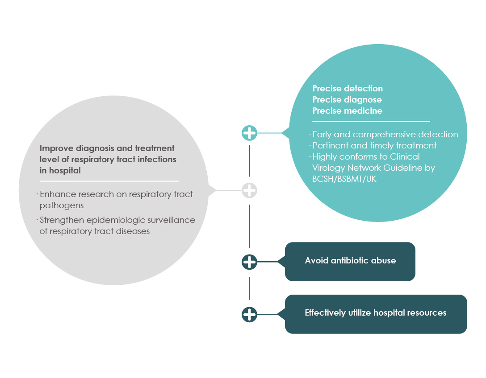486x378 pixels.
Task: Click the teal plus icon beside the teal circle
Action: point(250,133)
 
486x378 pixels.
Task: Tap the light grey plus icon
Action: point(250,190)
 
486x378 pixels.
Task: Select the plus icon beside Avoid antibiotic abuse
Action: point(250,262)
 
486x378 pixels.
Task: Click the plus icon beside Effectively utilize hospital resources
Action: point(250,314)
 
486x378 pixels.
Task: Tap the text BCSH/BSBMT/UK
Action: point(344,179)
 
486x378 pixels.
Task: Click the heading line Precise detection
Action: point(348,88)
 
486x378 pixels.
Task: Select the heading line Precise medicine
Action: point(347,111)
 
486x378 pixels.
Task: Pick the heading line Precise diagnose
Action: point(347,99)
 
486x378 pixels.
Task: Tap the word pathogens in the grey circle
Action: point(62,205)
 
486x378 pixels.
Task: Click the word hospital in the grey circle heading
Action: point(65,170)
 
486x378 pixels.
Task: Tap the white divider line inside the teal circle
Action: point(371,122)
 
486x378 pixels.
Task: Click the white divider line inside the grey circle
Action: point(109,181)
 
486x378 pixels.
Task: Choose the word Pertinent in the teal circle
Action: point(331,145)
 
